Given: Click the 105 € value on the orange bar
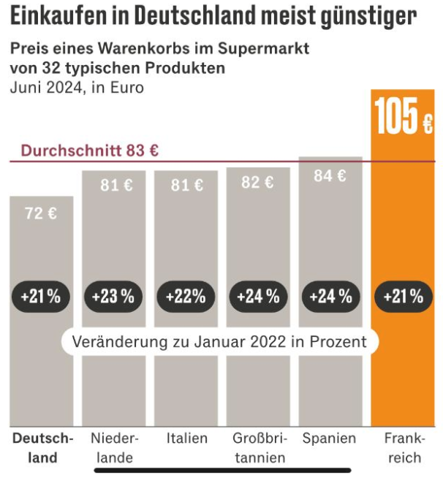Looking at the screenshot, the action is (404, 116).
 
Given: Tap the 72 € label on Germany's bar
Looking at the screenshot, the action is (41, 213).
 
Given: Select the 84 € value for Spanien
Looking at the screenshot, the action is (330, 176).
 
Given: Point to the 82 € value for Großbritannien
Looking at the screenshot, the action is (257, 182).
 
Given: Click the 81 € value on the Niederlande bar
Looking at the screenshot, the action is (116, 185).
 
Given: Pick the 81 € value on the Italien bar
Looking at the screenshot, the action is (187, 185).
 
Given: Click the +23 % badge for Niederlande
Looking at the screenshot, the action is (113, 297).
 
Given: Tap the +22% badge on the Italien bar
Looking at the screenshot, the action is (186, 297).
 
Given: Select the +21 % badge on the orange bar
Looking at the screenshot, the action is (404, 297).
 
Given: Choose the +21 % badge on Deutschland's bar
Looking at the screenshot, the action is (41, 297).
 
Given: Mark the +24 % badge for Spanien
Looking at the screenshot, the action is (330, 297).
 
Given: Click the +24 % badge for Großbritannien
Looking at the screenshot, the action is (258, 297).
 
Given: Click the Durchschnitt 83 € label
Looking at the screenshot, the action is (90, 151).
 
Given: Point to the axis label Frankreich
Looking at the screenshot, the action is (404, 448).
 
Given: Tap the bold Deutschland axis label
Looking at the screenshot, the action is (43, 448).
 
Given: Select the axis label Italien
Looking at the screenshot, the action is (187, 438).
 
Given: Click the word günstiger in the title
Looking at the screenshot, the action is (368, 17).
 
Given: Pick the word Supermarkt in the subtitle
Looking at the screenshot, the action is (263, 49).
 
